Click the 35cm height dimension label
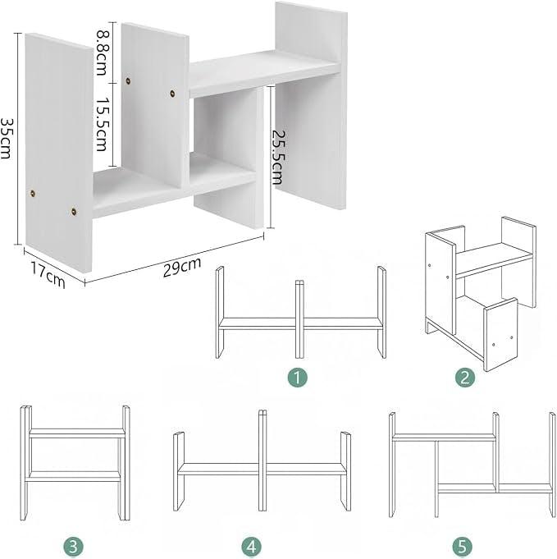[x=7, y=139]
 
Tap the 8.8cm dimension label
[x=102, y=53]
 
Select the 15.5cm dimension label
[x=102, y=125]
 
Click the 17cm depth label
[x=48, y=274]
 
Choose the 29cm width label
[x=182, y=266]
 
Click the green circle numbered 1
[x=298, y=378]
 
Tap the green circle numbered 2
[x=464, y=378]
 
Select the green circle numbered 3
[x=73, y=546]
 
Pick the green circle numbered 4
[x=251, y=546]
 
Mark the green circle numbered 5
[x=462, y=546]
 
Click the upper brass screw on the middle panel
[x=128, y=81]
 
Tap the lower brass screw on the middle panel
[x=172, y=94]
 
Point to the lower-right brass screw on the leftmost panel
[x=74, y=212]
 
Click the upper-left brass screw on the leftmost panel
[x=33, y=194]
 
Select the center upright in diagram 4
[x=263, y=460]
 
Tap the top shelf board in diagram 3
[x=77, y=433]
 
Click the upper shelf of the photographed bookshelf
[x=264, y=73]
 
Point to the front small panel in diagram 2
[x=500, y=334]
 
